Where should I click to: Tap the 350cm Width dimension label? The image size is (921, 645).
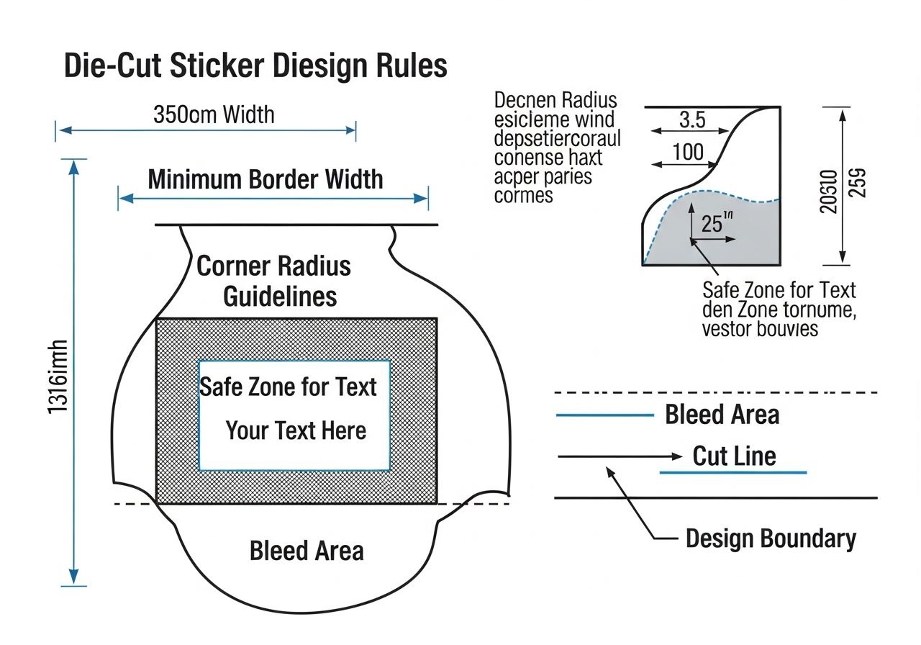[x=214, y=114]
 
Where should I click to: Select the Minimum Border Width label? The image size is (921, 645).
[x=266, y=179]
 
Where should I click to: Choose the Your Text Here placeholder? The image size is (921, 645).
[x=296, y=430]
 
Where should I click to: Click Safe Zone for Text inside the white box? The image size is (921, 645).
[x=288, y=387]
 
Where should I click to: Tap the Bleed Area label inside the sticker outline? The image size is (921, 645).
[x=307, y=551]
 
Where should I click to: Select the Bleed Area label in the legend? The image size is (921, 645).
[x=722, y=415]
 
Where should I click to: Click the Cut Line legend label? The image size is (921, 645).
[x=734, y=456]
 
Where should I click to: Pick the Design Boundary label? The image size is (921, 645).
[x=771, y=538]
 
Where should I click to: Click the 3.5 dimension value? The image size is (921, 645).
[x=691, y=120]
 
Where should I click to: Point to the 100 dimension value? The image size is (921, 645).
[x=688, y=153]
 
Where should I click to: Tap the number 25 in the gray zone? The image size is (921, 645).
[x=711, y=224]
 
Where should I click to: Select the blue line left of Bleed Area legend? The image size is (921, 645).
[x=604, y=415]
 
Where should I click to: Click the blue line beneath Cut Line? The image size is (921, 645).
[x=732, y=472]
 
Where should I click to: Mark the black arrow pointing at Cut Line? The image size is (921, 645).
[x=620, y=456]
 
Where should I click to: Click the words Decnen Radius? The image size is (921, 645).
[x=555, y=99]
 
